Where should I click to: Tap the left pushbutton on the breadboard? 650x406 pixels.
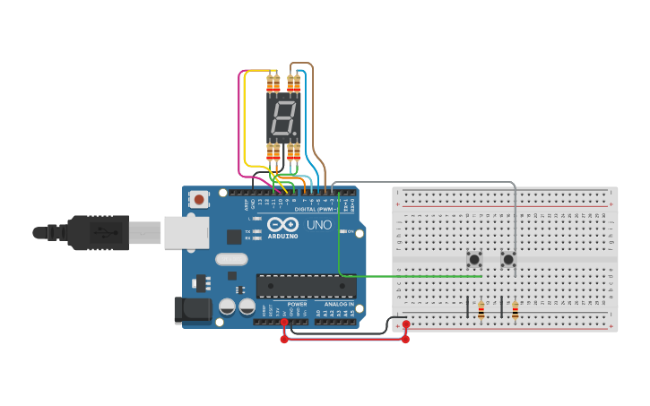[x=474, y=259]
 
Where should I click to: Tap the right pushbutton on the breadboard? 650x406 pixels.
[x=508, y=259]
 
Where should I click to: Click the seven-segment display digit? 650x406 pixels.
[x=283, y=117]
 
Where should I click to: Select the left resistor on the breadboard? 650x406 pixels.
[x=481, y=310]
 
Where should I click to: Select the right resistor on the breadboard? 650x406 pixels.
[x=516, y=310]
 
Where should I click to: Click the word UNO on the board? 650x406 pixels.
[x=319, y=225]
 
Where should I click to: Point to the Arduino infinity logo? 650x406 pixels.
[x=282, y=225]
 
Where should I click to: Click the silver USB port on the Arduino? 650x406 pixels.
[x=186, y=232]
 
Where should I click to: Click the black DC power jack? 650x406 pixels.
[x=193, y=310]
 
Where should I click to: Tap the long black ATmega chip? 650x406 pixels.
[x=305, y=286]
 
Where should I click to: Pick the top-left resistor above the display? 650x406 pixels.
[x=273, y=85]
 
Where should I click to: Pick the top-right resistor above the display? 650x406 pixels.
[x=293, y=85]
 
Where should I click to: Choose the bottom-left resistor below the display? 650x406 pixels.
[x=273, y=152]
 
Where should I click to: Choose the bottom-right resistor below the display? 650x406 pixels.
[x=293, y=152]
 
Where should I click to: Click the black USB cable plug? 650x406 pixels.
[x=99, y=233]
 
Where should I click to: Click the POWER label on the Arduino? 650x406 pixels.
[x=298, y=305]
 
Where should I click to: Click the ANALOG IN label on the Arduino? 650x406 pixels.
[x=339, y=305]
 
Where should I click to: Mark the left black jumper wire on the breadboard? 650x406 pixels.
[x=467, y=307]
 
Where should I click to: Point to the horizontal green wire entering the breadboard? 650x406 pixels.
[x=412, y=276]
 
